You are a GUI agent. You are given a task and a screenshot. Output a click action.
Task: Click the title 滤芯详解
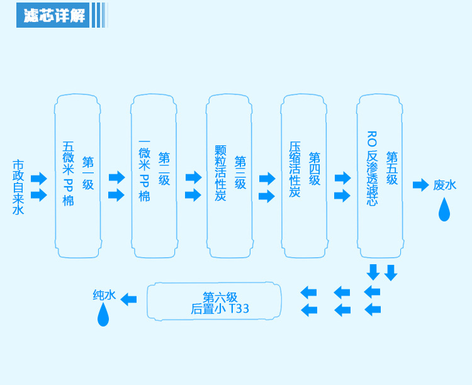pos(54,16)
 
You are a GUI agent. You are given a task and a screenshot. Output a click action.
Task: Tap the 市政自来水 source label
pos(18,187)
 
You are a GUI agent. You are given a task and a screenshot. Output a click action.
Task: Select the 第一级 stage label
pos(88,172)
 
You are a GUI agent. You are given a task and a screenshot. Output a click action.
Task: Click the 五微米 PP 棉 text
pos(69,174)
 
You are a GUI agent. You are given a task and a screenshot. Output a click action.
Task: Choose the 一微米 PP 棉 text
pos(145,170)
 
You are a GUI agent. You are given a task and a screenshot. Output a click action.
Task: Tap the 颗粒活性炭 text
pos(220,173)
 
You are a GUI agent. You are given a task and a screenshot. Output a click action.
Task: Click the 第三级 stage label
pos(240,172)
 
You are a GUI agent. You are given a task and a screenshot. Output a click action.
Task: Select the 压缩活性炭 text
pos(295,169)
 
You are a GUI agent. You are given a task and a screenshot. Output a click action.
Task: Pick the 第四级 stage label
pos(315,169)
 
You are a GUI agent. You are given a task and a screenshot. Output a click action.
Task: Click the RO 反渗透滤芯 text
pos(372,169)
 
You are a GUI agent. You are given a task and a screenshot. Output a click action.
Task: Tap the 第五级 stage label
pos(392,168)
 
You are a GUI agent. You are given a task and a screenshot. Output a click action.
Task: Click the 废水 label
pos(444,185)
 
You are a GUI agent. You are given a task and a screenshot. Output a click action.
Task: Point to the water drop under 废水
pos(444,209)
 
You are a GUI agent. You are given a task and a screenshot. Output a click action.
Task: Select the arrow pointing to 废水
pos(420,184)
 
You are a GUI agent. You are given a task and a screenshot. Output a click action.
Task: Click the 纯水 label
pos(104,294)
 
